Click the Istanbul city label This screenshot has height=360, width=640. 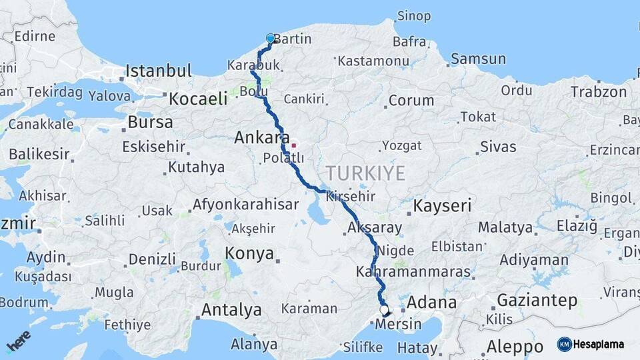click(159, 70)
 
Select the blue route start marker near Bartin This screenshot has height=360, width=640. click(270, 39)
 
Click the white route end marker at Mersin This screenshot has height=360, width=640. click(384, 310)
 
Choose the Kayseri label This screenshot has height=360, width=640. click(442, 205)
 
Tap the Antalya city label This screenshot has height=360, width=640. click(231, 309)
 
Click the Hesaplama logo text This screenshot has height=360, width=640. click(600, 344)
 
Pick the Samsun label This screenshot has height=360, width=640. click(478, 59)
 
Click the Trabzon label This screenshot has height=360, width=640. click(599, 92)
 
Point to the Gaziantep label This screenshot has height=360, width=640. click(537, 301)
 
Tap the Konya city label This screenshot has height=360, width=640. click(249, 253)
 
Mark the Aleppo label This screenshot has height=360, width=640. click(515, 347)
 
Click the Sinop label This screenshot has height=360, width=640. click(413, 15)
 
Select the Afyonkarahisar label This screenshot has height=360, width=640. click(245, 204)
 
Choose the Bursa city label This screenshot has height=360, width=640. click(150, 122)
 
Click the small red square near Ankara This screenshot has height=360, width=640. click(293, 145)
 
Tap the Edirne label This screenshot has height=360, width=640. click(34, 36)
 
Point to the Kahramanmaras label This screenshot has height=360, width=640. click(413, 272)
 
